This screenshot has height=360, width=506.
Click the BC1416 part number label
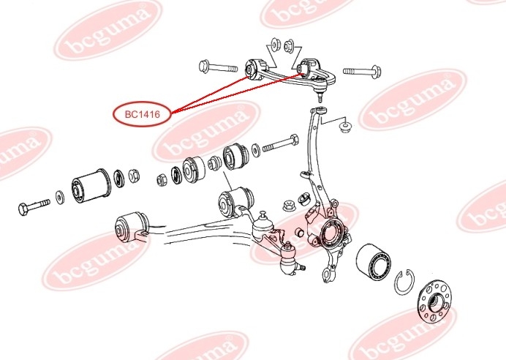pyautogui.click(x=142, y=114)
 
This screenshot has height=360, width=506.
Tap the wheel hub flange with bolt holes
pyautogui.click(x=434, y=301)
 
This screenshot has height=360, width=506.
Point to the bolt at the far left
pyautogui.click(x=34, y=207)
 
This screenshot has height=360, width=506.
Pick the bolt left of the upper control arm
pyautogui.click(x=218, y=67)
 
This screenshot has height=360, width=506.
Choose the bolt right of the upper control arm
pyautogui.click(x=362, y=71)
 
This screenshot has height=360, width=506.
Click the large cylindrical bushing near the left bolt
pyautogui.click(x=91, y=186)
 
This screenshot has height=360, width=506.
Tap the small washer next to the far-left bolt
pyautogui.click(x=60, y=198)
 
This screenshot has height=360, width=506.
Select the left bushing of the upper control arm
pyautogui.click(x=253, y=70)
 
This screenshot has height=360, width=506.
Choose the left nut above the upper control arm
pyautogui.click(x=275, y=44)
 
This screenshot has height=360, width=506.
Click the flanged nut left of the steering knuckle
pyautogui.click(x=289, y=205)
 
